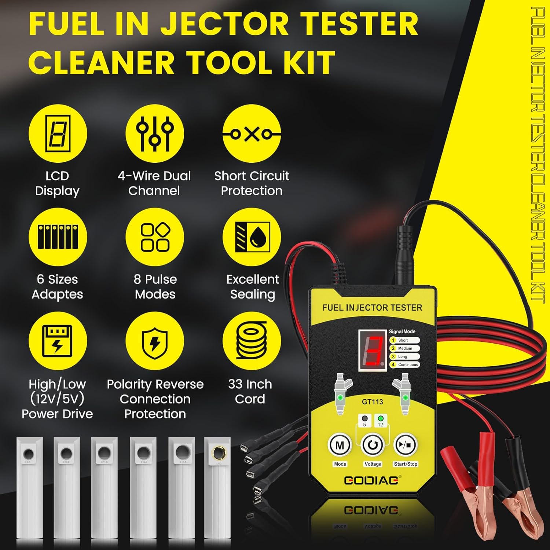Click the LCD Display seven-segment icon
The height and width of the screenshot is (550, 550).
coord(58,133)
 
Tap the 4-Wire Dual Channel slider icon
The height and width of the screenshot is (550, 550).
coord(154,133)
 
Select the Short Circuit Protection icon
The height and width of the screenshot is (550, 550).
coord(252,133)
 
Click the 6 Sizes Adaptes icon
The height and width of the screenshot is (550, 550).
coord(58,237)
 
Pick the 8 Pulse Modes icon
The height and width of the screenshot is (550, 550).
coord(154,237)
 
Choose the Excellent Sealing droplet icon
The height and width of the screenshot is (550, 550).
coord(252,237)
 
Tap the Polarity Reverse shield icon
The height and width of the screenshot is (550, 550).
coord(154,341)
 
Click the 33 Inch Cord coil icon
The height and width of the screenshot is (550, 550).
coord(252,341)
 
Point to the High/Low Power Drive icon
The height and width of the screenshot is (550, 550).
coord(58,341)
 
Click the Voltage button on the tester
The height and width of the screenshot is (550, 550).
coord(373,445)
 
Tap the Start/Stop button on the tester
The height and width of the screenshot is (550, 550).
coord(405,445)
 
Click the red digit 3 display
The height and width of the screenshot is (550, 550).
coord(372,350)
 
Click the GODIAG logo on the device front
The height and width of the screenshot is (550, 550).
coord(371,480)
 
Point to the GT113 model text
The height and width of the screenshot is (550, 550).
coord(372,402)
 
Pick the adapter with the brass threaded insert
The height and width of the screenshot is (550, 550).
coord(217,491)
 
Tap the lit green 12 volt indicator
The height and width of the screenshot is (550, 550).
coord(381,418)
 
